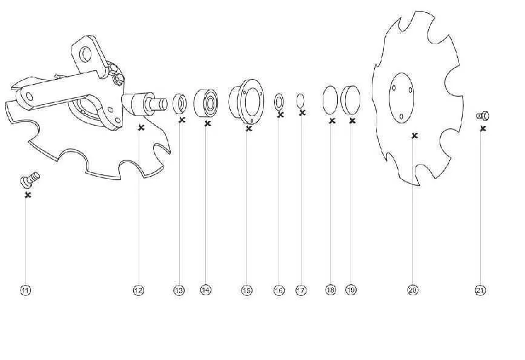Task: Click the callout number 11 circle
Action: pos(26,290)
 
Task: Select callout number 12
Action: pos(139,290)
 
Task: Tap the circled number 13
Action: pos(179,290)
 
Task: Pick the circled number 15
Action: pos(247,290)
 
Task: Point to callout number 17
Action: pos(301,290)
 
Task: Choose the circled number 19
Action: pos(351,290)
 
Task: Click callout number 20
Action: pos(413,290)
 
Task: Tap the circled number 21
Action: pos(480,290)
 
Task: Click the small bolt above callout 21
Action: pos(483,116)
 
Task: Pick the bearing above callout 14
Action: pos(206,103)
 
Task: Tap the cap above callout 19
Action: pos(350,100)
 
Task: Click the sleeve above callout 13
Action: pos(179,103)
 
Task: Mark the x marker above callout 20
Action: pos(415,136)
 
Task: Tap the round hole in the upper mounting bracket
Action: pos(85,54)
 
